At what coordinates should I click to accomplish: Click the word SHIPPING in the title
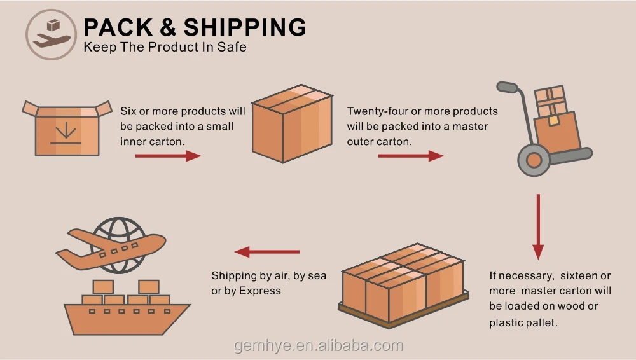pos(245,27)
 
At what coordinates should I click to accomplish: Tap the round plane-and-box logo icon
pos(52,34)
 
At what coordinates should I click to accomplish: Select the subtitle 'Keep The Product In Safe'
pos(165,47)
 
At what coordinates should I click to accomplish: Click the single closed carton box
pos(293,124)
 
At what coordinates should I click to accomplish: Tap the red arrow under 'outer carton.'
pos(411,156)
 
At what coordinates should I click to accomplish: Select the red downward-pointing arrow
pos(538,226)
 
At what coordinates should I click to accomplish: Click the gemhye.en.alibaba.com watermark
pos(319,346)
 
